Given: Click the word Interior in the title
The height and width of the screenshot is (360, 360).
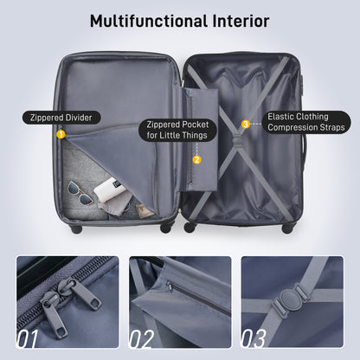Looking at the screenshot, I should pos(237,21).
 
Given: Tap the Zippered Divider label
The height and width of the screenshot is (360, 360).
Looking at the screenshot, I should pos(61,117).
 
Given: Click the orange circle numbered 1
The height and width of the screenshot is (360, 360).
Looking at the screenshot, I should pos(61,134).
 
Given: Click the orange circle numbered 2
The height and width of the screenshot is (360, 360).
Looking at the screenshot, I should pos(196,159).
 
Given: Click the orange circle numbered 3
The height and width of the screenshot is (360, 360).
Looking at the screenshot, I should pos(245,124).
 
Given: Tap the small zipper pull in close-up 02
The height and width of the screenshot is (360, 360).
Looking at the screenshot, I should pos(170,286).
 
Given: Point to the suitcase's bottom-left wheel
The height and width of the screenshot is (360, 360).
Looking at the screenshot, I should pos(76,228).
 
